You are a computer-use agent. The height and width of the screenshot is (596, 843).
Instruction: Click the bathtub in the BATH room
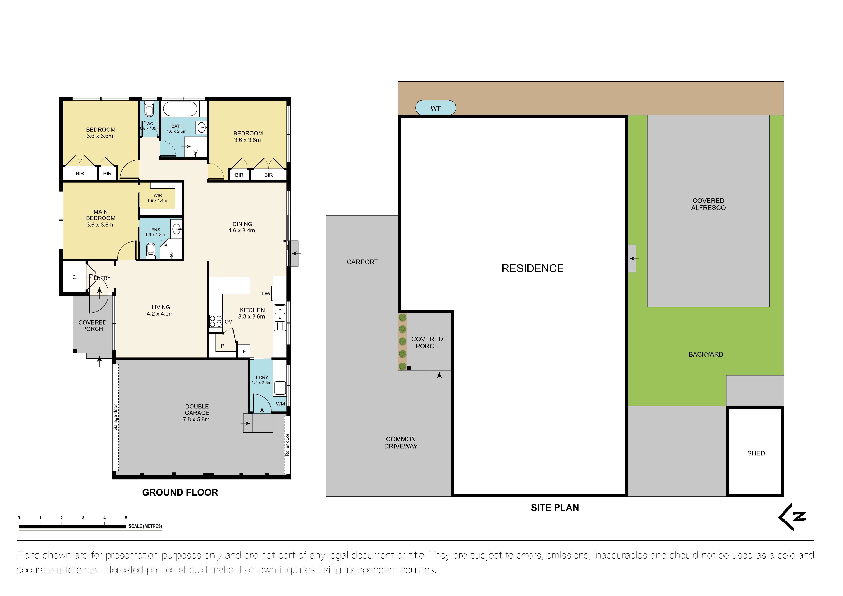point(180,109)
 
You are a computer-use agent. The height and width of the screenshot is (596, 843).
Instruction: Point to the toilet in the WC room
point(149,109)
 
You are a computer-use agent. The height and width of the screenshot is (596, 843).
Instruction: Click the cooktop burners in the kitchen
point(216,321)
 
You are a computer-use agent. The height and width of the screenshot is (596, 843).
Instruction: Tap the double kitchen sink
point(280,314)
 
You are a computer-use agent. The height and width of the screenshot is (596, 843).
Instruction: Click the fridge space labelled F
point(244,352)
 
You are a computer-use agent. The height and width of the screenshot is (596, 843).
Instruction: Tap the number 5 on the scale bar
point(126,518)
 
